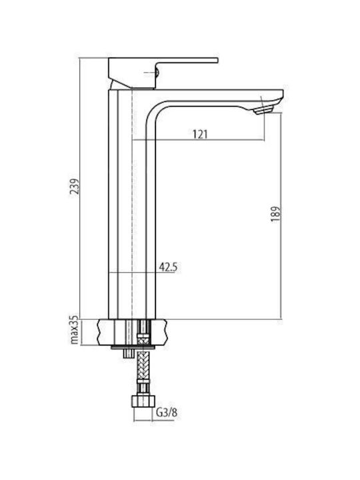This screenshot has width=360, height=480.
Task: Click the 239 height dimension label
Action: (x=75, y=186)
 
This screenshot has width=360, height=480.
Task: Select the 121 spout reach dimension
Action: (x=199, y=134)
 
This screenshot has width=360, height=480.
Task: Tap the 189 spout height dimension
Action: (x=275, y=214)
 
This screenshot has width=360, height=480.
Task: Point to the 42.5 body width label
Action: (x=168, y=267)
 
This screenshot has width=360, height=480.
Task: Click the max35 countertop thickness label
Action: (x=75, y=331)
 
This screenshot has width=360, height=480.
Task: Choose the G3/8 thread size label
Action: (x=167, y=413)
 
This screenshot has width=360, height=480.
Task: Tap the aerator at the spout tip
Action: (x=263, y=109)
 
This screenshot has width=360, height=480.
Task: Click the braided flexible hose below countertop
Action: (x=143, y=366)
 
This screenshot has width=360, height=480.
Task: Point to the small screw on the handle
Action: (x=157, y=73)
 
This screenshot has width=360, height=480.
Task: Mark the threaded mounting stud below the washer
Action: (x=128, y=353)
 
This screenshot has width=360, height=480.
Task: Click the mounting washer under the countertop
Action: (x=133, y=347)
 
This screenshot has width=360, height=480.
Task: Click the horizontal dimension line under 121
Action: (x=199, y=140)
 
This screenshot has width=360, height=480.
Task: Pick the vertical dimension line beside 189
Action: (x=281, y=216)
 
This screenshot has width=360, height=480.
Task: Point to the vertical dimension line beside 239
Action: (x=80, y=188)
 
